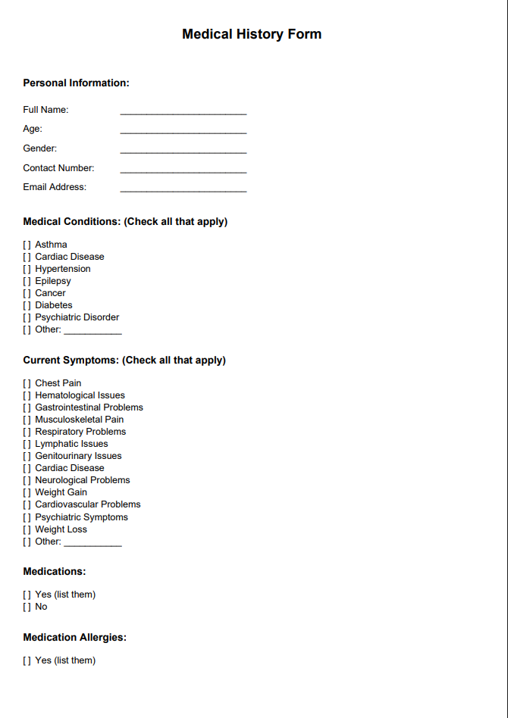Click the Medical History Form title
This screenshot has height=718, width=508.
coord(252,34)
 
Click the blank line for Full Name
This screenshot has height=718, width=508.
coord(183,112)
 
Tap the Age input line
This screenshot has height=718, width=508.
coord(183,132)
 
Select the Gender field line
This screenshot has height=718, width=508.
coord(183,151)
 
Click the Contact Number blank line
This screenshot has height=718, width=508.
coord(183,171)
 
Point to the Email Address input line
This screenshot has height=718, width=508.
coord(183,190)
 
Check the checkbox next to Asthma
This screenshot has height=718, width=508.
coord(27,245)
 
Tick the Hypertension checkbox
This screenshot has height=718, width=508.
coord(27,269)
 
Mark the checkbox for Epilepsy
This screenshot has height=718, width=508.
coord(27,281)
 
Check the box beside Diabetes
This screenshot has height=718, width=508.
coord(27,305)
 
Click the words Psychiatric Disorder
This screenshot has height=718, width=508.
coord(77,317)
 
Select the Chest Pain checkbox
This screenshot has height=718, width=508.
coord(27,383)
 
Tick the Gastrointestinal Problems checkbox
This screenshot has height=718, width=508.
coord(27,407)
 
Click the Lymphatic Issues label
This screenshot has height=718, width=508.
coord(71,444)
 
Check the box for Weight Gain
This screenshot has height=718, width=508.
coord(27,492)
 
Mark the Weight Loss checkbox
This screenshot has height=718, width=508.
coord(27,529)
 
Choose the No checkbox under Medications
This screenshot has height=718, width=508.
coord(27,607)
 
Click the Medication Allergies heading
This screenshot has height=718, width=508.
coord(74,638)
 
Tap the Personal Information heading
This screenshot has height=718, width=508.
coord(76,83)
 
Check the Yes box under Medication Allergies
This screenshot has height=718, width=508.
coord(27,660)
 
